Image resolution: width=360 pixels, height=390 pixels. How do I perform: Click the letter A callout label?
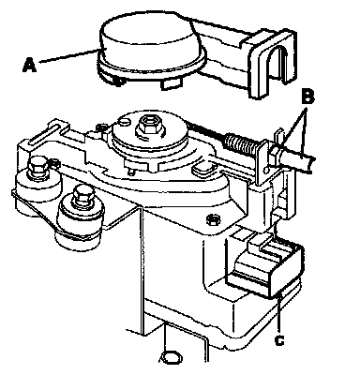pyautogui.click(x=30, y=66)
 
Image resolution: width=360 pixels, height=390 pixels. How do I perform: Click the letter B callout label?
pyautogui.click(x=307, y=97)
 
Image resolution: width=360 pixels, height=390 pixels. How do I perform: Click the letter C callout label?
pyautogui.click(x=279, y=340)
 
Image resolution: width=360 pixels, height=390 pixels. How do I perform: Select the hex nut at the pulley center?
pyautogui.click(x=147, y=125)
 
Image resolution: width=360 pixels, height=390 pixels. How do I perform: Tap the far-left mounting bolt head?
pyautogui.click(x=37, y=167)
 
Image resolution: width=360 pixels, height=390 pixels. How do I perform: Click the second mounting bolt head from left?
pyautogui.click(x=82, y=195)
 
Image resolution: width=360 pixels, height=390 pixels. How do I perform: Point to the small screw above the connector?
pyautogui.click(x=213, y=219)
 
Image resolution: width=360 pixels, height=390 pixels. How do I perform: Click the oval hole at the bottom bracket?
pyautogui.click(x=171, y=357)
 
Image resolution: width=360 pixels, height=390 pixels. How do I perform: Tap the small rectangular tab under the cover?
pyautogui.click(x=172, y=84)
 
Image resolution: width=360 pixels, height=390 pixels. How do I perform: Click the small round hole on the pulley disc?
pyautogui.click(x=124, y=121)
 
